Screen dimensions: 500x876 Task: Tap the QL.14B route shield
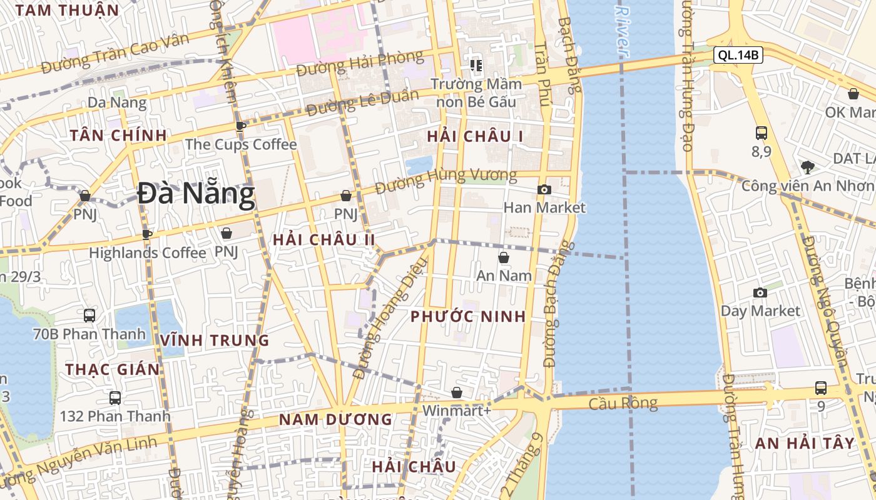(738, 55)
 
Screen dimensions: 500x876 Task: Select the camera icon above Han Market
(544, 189)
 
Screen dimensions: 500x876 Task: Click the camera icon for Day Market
(760, 292)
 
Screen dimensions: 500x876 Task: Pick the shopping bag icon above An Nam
(504, 257)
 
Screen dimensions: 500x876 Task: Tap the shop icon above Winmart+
(457, 392)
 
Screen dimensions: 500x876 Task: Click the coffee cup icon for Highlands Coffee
(147, 234)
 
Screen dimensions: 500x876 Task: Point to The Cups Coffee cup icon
(240, 126)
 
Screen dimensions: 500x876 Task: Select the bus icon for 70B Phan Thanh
(89, 316)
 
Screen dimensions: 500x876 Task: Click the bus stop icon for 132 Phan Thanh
(115, 397)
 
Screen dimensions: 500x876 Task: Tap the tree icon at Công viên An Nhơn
(808, 167)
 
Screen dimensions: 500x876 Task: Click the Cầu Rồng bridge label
(623, 404)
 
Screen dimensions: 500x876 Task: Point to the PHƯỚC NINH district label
(468, 316)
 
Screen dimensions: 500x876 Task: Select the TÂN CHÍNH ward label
(118, 135)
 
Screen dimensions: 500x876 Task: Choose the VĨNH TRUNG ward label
(215, 341)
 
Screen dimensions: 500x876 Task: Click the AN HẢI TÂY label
(805, 443)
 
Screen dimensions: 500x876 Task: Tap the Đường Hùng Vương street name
(446, 181)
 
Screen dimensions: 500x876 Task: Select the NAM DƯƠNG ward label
(335, 419)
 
